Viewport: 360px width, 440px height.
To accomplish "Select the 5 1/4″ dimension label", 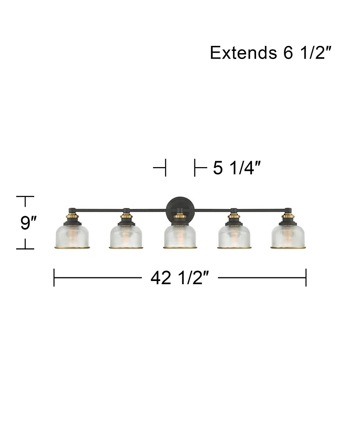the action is pyautogui.click(x=237, y=168).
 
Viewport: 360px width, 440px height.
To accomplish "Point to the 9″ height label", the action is pyautogui.click(x=29, y=223).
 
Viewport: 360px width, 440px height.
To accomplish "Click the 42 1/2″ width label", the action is pyautogui.click(x=180, y=278).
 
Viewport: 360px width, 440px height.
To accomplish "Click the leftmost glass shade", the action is pyautogui.click(x=72, y=236).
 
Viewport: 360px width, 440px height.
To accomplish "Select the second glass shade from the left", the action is pyautogui.click(x=126, y=236).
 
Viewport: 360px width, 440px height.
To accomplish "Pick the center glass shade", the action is pyautogui.click(x=180, y=236).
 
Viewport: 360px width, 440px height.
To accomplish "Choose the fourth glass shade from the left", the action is pyautogui.click(x=234, y=236).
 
